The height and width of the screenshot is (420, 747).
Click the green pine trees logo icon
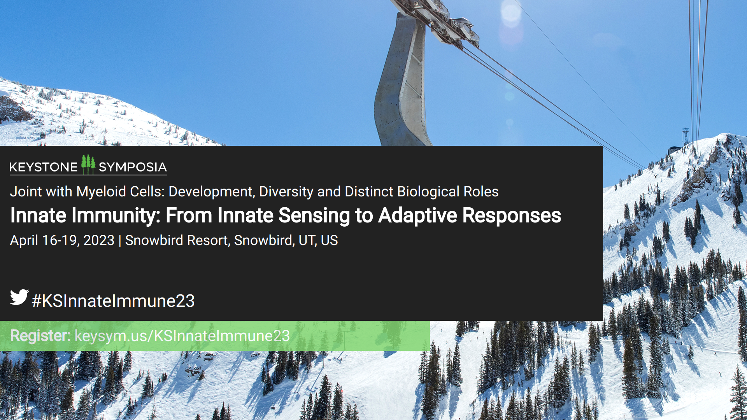pyautogui.click(x=88, y=164)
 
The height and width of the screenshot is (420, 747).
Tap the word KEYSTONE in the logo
pyautogui.click(x=43, y=167)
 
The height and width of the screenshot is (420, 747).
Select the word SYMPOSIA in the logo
pyautogui.click(x=133, y=167)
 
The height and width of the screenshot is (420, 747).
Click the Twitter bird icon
pyautogui.click(x=19, y=297)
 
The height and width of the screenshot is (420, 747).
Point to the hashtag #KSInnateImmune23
pyautogui.click(x=113, y=301)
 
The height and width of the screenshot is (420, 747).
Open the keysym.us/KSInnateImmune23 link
pyautogui.click(x=182, y=336)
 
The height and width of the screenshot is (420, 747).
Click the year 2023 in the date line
pyautogui.click(x=99, y=240)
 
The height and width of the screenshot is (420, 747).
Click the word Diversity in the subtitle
pyautogui.click(x=286, y=192)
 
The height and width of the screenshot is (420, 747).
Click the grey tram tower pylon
pyautogui.click(x=401, y=82)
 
